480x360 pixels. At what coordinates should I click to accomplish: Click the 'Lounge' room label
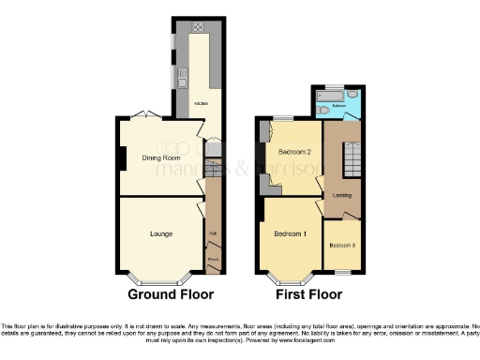coord(159,233)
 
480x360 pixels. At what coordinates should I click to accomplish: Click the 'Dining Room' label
coord(160,158)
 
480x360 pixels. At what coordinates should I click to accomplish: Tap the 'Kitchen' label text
coord(200,103)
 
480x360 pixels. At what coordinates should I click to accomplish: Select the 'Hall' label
coord(213,232)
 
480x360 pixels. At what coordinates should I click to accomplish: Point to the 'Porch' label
coord(213,259)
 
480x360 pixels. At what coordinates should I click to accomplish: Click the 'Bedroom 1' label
coord(290,232)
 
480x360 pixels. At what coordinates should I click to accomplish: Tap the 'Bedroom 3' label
coord(341,246)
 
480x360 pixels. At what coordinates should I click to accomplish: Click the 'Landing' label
coord(341,194)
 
